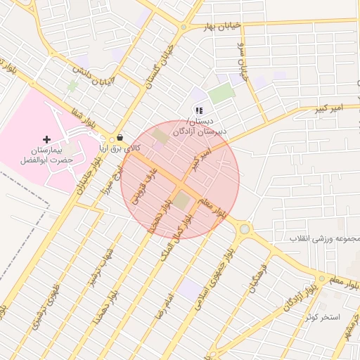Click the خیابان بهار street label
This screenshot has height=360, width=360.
[222, 26]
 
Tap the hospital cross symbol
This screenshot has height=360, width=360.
[47, 139]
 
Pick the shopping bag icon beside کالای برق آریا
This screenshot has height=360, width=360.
[120, 138]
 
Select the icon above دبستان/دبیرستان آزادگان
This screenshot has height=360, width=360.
[199, 110]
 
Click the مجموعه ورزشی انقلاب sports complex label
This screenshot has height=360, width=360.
[325, 239]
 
